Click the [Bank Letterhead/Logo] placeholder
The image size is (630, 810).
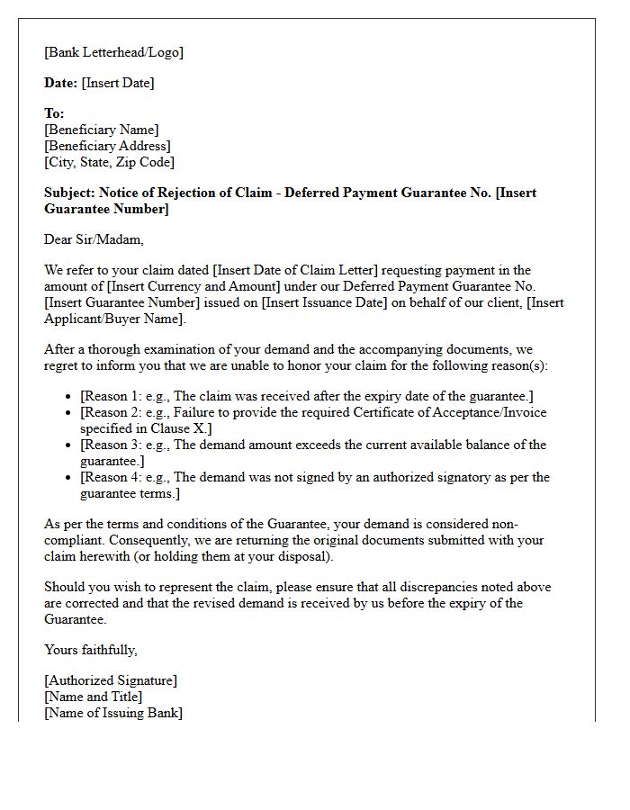tap(113, 52)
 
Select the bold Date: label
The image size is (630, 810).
tap(61, 83)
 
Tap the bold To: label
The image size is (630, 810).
tap(54, 113)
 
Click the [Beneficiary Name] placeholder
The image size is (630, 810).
tap(101, 130)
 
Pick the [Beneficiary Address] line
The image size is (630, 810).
tap(107, 146)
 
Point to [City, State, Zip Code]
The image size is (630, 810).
tap(109, 162)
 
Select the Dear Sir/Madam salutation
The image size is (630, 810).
tap(94, 239)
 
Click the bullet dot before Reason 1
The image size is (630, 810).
tap(70, 397)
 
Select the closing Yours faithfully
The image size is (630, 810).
tap(90, 649)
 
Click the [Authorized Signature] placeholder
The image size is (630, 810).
tap(111, 680)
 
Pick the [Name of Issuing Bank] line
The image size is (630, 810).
tap(112, 713)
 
